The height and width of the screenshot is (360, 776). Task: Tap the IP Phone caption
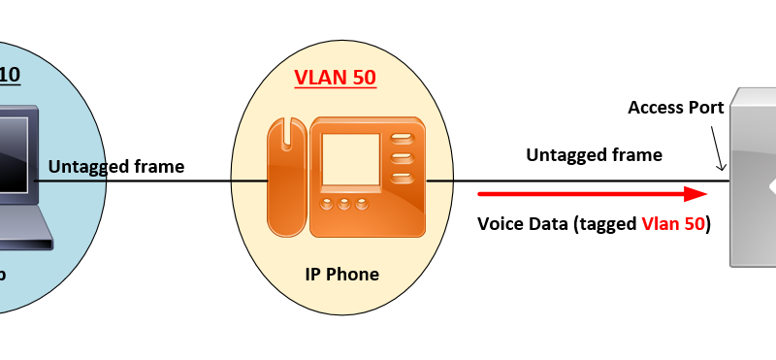tap(341, 275)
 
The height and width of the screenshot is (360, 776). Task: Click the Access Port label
tap(676, 107)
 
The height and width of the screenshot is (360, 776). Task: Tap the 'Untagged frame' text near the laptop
tap(116, 167)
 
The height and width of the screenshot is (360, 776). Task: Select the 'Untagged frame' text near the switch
tap(594, 154)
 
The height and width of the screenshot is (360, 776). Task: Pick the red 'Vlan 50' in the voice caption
tap(672, 224)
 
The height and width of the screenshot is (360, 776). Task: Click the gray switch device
tap(753, 175)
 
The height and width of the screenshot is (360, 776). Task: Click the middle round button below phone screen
tap(347, 204)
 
